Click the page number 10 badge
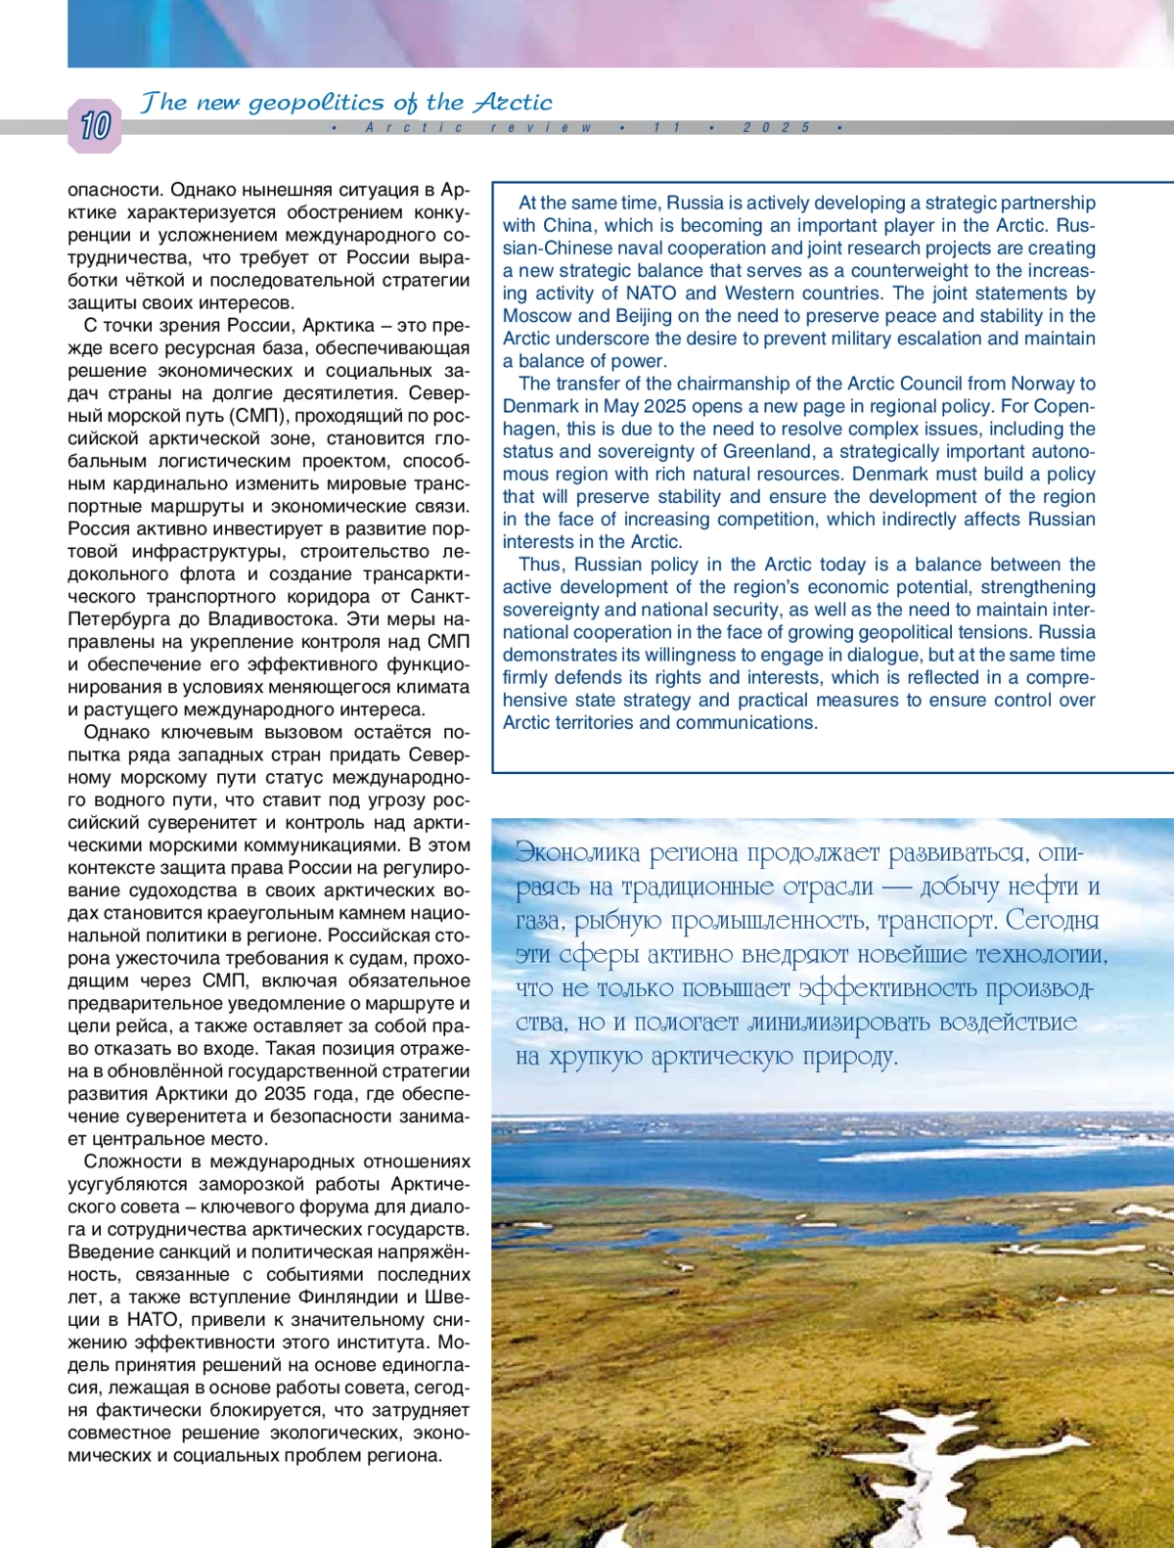(x=95, y=126)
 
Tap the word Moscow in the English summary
(x=537, y=316)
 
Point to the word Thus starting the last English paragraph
(x=540, y=565)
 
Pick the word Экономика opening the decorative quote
(x=578, y=853)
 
